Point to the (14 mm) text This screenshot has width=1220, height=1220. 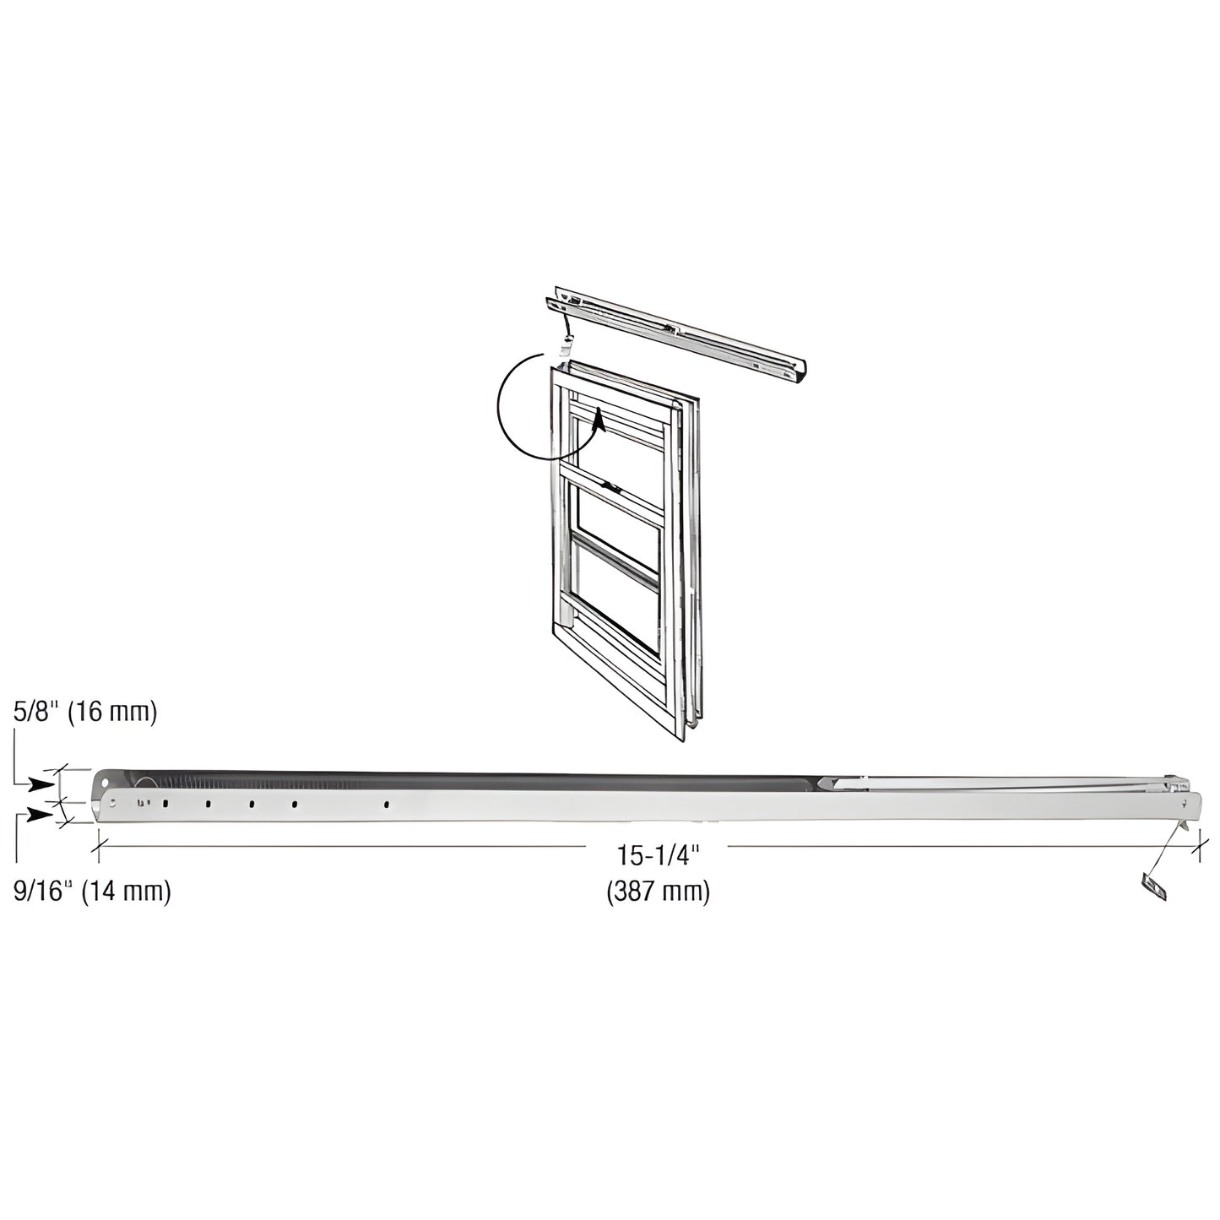(x=126, y=892)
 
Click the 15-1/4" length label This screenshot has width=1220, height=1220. (x=659, y=856)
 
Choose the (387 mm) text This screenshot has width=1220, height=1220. (x=659, y=892)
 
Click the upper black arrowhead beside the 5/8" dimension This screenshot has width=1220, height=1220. (x=39, y=784)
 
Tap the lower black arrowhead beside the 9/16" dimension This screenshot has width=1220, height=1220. (x=39, y=814)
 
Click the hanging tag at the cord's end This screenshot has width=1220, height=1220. (x=1151, y=887)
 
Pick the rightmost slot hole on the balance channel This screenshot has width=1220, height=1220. (x=386, y=805)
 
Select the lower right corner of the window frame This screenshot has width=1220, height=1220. (x=682, y=741)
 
